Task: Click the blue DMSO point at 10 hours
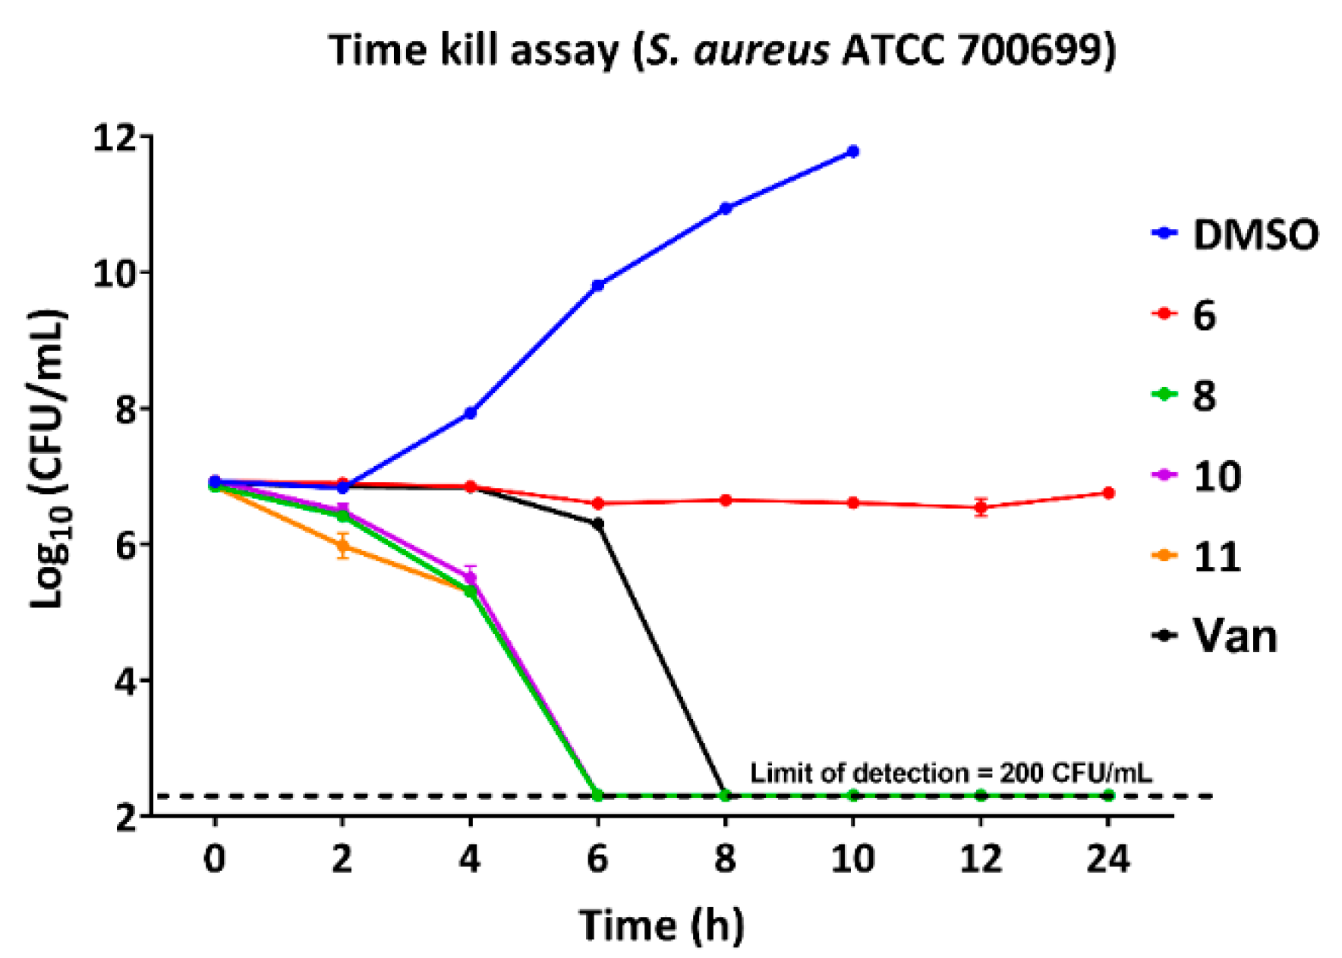[x=853, y=152]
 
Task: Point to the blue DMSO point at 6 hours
[x=598, y=285]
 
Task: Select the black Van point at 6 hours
[x=598, y=524]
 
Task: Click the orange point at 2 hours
[x=343, y=546]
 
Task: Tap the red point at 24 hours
[x=1108, y=493]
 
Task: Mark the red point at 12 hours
[x=981, y=507]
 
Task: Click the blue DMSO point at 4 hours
[x=471, y=413]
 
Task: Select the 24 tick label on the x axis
[x=1108, y=859]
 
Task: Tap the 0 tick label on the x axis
[x=215, y=859]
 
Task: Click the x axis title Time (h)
[x=661, y=925]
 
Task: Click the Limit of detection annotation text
[x=950, y=774]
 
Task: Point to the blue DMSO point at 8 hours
[x=726, y=208]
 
